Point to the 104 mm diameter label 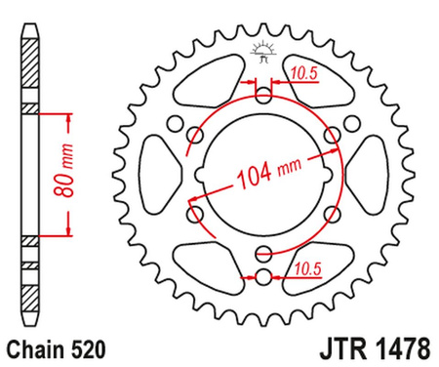[x=267, y=177]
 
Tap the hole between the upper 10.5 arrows [x=262, y=95]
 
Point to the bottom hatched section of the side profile [x=28, y=293]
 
